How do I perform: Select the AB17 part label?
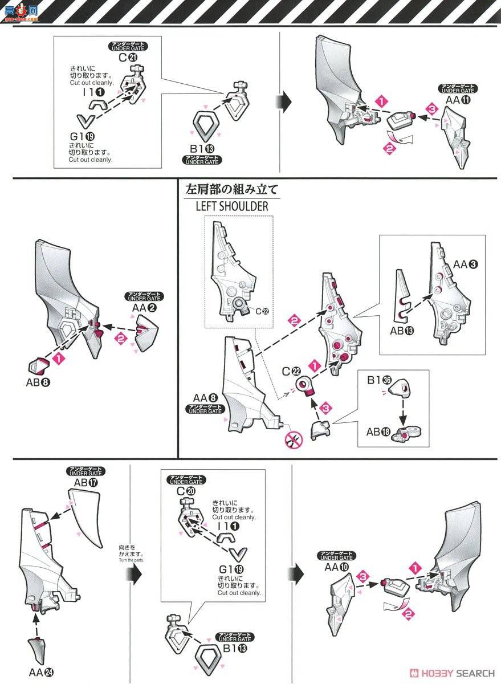click(85, 482)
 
